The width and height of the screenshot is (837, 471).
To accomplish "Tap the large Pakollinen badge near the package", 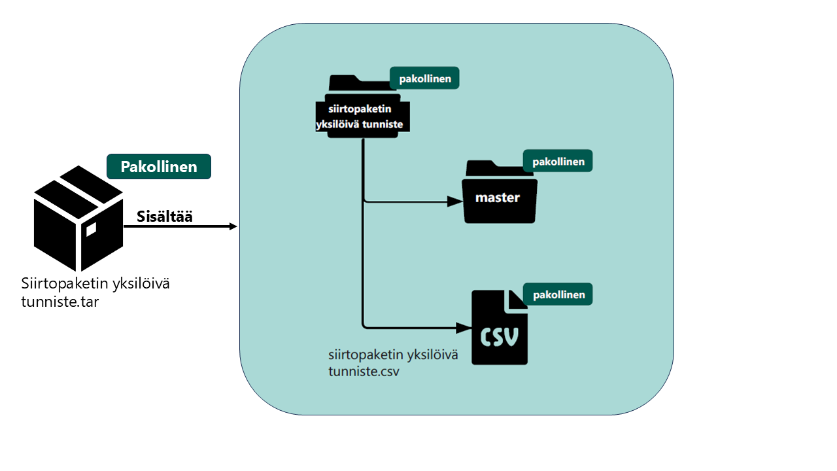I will (x=159, y=167).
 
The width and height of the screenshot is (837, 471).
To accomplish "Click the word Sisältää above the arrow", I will (x=165, y=217).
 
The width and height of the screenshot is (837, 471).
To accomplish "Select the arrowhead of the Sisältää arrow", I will (x=232, y=226).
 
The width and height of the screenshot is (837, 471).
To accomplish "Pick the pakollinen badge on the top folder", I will (x=424, y=78).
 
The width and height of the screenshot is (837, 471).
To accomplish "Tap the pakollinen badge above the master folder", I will (x=558, y=161).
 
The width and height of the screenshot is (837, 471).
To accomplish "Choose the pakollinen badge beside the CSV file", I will (x=558, y=294).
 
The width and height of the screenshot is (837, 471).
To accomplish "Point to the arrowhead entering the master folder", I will (x=455, y=201).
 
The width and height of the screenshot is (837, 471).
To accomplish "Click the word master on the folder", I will (x=498, y=197).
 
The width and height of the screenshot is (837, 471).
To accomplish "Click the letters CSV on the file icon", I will (x=500, y=336).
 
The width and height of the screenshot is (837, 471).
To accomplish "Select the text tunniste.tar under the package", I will (x=60, y=302).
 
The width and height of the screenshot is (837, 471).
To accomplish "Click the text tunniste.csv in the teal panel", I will (x=364, y=372).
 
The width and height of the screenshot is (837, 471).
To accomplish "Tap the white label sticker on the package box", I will (x=91, y=229).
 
